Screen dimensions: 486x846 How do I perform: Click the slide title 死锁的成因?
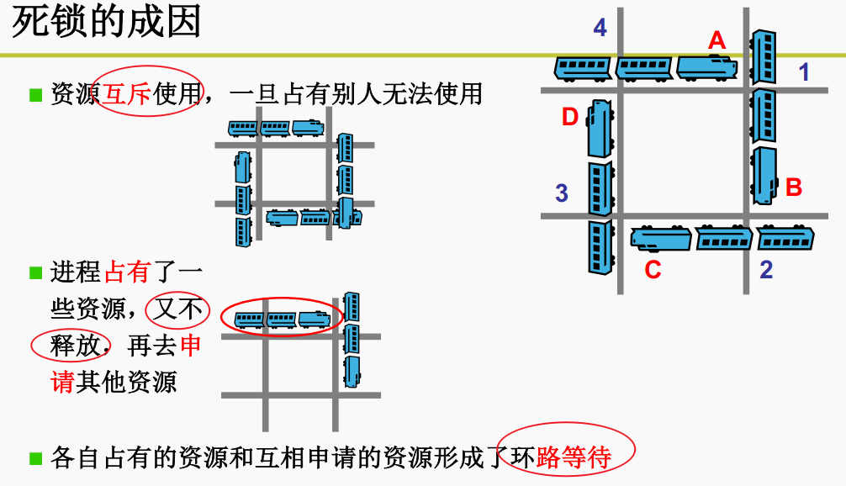coord(107,23)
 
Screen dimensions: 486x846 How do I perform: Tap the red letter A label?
coord(716,40)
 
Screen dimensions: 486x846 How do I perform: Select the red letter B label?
coord(793,188)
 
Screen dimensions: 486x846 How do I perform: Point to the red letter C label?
coord(653,270)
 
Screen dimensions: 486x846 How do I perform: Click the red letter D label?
coord(570,118)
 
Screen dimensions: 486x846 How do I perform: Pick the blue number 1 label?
coord(804,72)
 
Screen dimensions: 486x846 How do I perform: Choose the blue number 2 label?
coord(765,270)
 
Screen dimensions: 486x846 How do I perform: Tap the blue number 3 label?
coord(562,193)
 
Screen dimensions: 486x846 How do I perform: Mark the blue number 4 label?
coord(600,29)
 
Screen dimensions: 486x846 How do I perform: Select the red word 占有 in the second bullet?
coord(126,272)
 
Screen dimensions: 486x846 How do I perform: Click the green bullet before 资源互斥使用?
coord(35,93)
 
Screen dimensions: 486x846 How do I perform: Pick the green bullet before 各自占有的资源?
coord(35,458)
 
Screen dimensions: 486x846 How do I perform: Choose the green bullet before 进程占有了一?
coord(35,272)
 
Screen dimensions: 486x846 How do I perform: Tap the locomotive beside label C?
coord(660,239)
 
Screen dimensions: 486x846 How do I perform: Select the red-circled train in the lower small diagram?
coord(282,319)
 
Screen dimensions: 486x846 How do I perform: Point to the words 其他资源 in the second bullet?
coord(126,383)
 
